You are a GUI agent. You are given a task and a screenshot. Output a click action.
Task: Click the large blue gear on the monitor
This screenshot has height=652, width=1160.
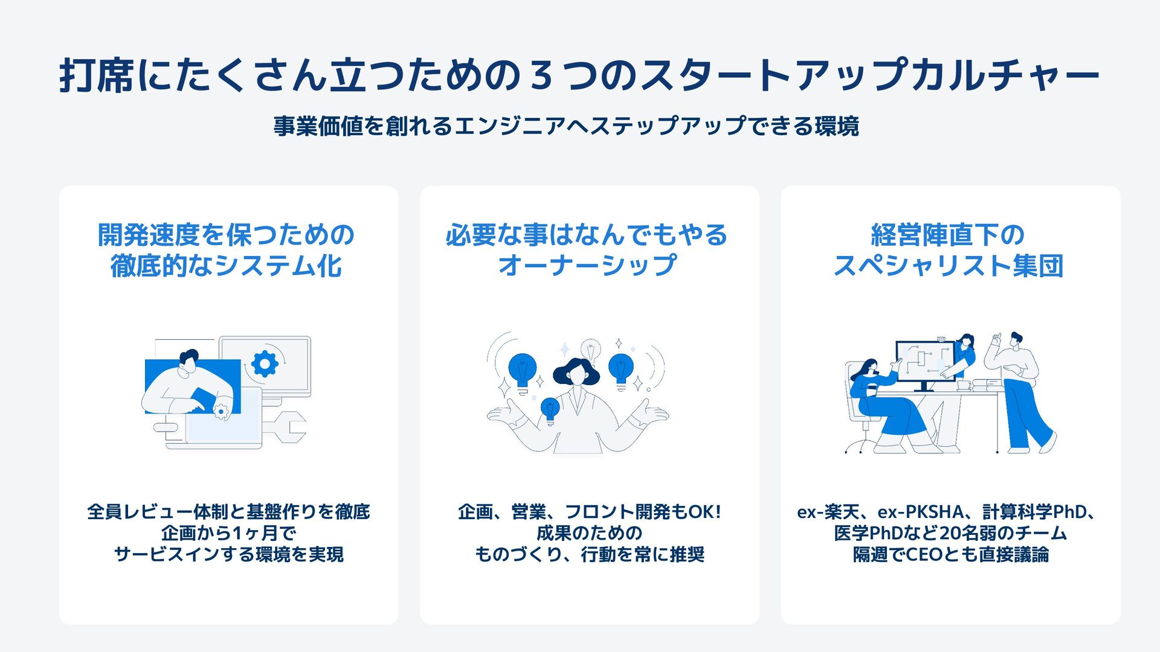(265, 363)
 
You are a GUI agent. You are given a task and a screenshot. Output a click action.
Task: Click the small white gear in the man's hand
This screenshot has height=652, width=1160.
(221, 411)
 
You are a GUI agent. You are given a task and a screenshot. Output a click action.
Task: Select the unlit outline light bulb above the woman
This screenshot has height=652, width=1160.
(591, 350)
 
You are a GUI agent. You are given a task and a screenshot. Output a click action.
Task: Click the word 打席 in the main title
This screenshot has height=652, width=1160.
(97, 76)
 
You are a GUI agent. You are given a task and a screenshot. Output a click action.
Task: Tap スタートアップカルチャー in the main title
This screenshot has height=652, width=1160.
(870, 76)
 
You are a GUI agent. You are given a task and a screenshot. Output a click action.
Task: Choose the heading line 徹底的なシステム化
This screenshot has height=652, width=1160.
(227, 266)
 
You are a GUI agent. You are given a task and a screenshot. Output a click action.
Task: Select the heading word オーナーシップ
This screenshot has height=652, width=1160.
(587, 266)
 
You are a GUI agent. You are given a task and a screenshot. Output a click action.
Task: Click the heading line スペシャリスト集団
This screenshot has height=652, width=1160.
(949, 266)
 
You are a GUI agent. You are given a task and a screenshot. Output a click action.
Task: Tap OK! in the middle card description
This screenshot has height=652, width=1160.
(705, 512)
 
